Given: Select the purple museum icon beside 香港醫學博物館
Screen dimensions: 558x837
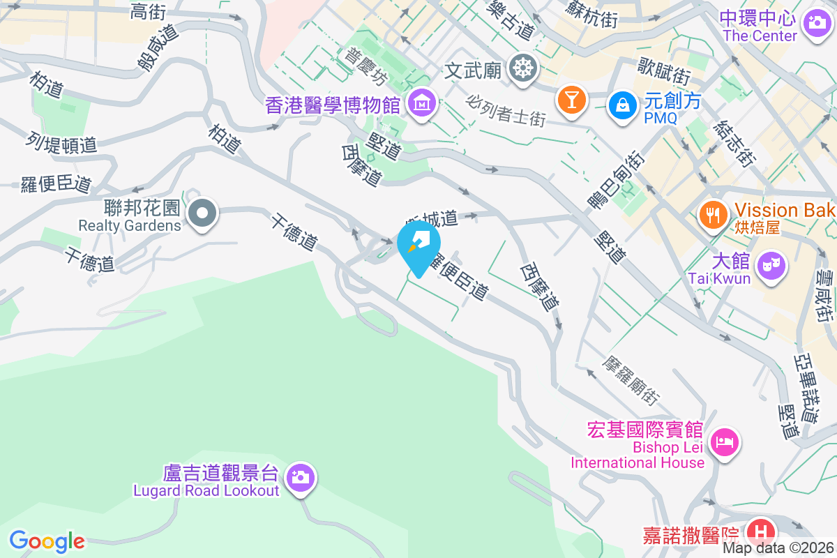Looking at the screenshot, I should [x=422, y=105].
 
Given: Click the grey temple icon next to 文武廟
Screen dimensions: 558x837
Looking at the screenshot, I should [x=521, y=69].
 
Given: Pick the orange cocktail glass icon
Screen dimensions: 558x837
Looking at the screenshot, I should [x=572, y=100].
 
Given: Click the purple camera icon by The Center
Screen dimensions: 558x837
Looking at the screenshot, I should [x=815, y=22].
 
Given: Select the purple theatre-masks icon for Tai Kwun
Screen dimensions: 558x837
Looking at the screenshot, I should [x=771, y=266].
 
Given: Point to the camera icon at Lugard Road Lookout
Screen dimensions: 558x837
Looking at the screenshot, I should [x=301, y=478].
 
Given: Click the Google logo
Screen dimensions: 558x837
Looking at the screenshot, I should [x=47, y=541].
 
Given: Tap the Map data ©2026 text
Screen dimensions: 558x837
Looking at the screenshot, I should [x=778, y=548].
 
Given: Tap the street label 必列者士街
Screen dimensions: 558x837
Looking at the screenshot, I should [x=506, y=110].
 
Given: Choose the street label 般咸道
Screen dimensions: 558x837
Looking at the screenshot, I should [x=158, y=47].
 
